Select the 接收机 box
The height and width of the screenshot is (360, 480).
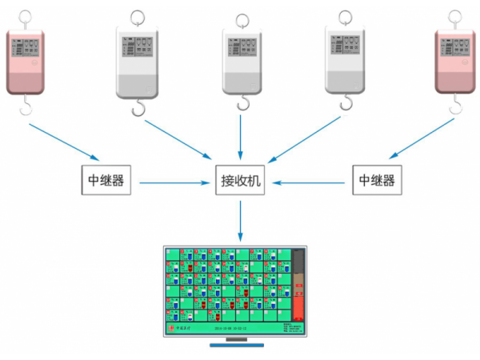click(241, 181)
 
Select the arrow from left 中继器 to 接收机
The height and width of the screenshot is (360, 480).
click(173, 182)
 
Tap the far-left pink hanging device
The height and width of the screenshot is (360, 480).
click(27, 61)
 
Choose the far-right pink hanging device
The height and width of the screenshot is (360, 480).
click(454, 61)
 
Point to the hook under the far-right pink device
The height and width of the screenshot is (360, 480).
click(455, 105)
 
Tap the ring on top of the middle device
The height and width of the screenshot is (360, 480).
click(241, 18)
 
